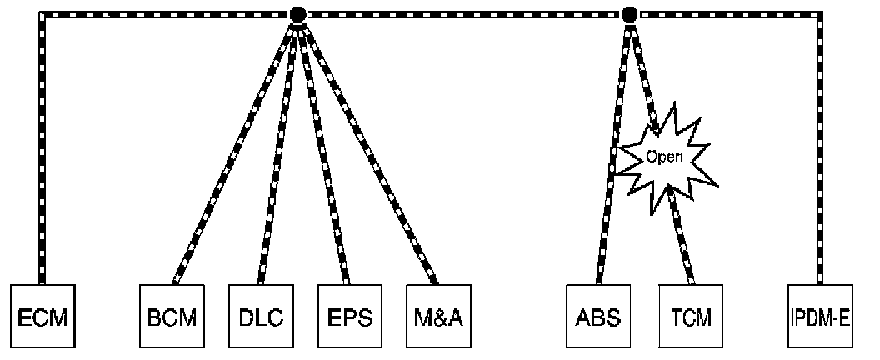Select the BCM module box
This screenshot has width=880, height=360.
pos(170,317)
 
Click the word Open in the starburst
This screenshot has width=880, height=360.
pos(665,156)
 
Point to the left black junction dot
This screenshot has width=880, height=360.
pos(296,14)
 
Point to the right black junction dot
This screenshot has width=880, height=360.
pos(630,14)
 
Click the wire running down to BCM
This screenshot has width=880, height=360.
pos(233,150)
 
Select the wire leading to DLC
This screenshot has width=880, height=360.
pos(277,150)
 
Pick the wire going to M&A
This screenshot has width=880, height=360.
pos(367,150)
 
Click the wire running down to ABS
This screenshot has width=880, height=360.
pos(612,150)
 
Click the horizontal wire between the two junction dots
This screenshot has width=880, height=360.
pos(462,14)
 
